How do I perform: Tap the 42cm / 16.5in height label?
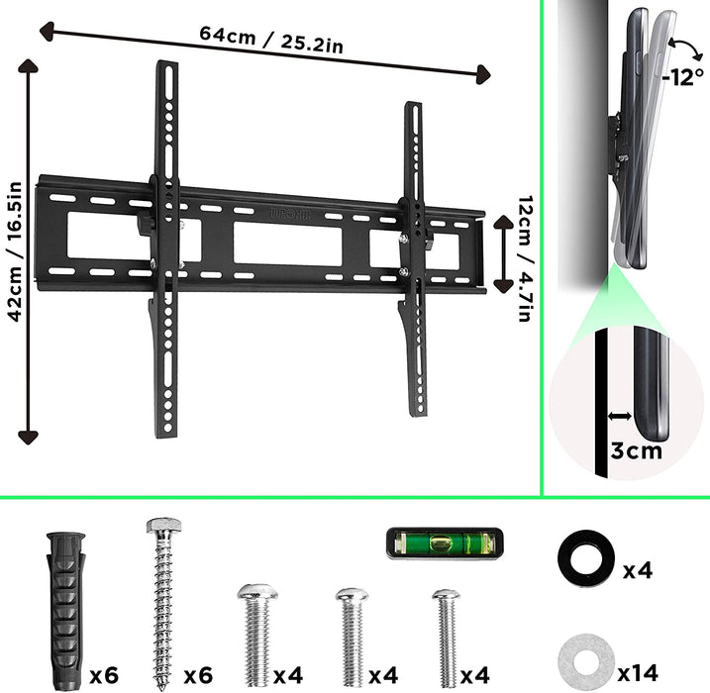point(13,248)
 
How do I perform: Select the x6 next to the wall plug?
point(104,675)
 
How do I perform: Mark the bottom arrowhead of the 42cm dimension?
point(28,437)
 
